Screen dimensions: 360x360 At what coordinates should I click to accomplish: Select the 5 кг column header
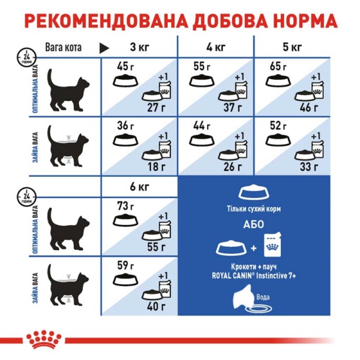click(292, 47)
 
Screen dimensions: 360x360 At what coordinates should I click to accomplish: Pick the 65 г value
click(277, 67)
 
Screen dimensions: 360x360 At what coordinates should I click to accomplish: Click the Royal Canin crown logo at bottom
click(44, 340)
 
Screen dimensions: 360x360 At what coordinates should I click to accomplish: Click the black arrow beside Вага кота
click(104, 48)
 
